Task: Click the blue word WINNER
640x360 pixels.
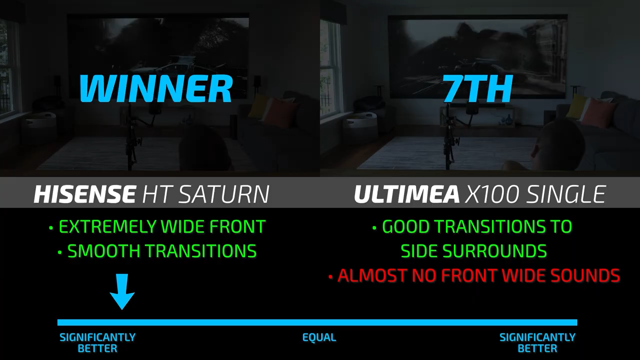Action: pyautogui.click(x=155, y=88)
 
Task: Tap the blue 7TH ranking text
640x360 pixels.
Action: pyautogui.click(x=477, y=88)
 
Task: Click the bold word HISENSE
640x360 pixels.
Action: pyautogui.click(x=84, y=194)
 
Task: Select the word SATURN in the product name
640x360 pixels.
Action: pyautogui.click(x=224, y=194)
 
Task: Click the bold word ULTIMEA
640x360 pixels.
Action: pyautogui.click(x=406, y=194)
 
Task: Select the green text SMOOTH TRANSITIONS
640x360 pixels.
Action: pyautogui.click(x=162, y=251)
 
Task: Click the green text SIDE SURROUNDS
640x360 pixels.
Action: pyautogui.click(x=473, y=251)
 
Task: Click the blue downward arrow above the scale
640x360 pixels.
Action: pyautogui.click(x=122, y=291)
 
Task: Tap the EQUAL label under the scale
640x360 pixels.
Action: pyautogui.click(x=319, y=337)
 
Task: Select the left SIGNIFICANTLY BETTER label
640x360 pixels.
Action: pyautogui.click(x=97, y=343)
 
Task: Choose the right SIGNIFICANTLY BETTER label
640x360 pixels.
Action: pyautogui.click(x=537, y=343)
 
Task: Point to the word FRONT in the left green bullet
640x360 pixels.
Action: pyautogui.click(x=237, y=226)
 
